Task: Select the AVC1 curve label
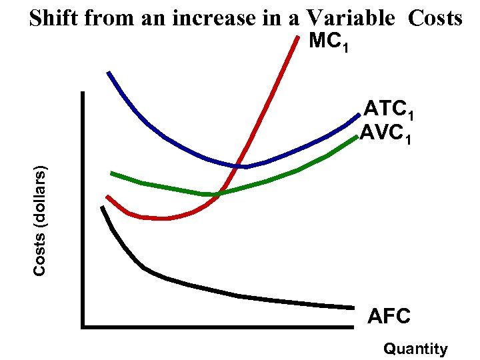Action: coord(388,136)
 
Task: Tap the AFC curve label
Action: coord(389,316)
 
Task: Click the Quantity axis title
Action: coord(415,349)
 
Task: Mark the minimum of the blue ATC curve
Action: coord(244,166)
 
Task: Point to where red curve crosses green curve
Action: coord(221,193)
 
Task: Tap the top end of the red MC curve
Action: coord(297,36)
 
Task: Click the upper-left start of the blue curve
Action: coord(108,72)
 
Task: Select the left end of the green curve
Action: coord(111,173)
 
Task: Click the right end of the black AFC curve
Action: coord(353,307)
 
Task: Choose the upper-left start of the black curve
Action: coord(102,207)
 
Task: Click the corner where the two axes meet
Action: coord(83,327)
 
